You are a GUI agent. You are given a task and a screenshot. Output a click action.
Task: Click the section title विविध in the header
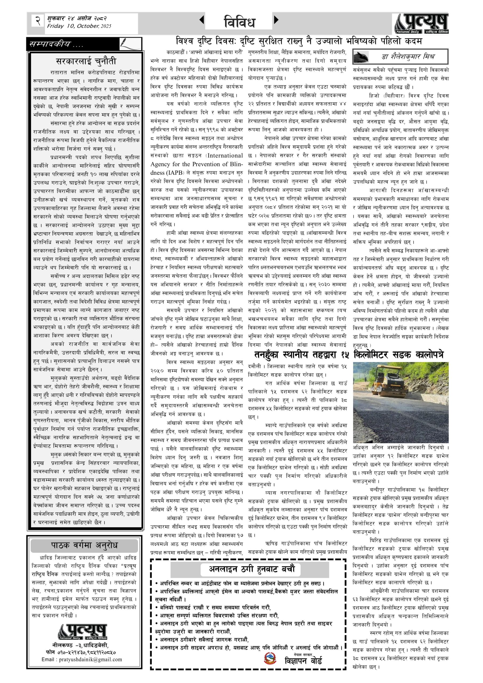(239, 22)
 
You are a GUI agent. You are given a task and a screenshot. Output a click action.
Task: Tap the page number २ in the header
(38, 21)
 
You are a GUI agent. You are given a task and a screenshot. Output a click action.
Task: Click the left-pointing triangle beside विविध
(202, 20)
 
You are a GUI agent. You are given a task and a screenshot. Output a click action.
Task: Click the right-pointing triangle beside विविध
(276, 20)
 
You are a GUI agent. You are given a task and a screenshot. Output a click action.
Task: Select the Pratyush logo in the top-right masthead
(421, 23)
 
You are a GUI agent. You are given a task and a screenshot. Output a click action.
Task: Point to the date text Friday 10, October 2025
(79, 26)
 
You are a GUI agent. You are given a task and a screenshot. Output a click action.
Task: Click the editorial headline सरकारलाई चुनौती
(86, 61)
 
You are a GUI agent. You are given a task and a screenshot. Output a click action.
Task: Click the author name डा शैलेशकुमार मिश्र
(408, 57)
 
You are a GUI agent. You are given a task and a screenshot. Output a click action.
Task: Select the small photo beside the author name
(361, 57)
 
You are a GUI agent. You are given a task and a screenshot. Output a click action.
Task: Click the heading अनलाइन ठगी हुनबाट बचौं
(252, 569)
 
